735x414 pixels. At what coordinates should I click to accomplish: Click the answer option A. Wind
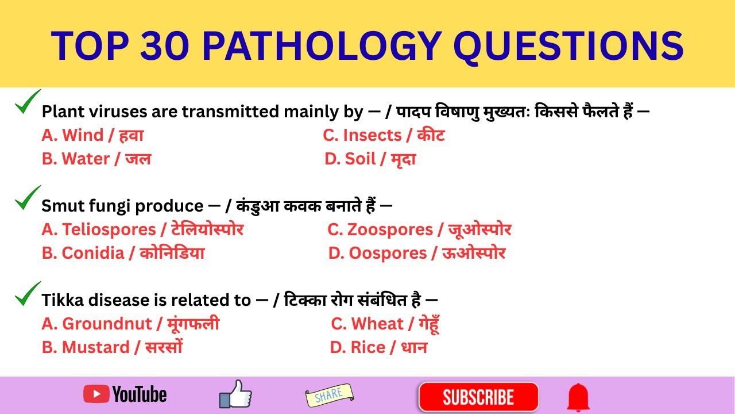pos(92,136)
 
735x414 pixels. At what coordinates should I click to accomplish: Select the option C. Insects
pos(384,136)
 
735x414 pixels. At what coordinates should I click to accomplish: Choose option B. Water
pos(96,159)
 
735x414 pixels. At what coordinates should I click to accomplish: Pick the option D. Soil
pos(370,159)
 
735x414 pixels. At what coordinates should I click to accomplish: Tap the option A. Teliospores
pos(142,230)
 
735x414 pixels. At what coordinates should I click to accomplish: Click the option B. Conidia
pos(123,254)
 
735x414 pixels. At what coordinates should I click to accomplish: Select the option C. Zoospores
pos(419,230)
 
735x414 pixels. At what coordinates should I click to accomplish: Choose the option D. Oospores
pos(417,254)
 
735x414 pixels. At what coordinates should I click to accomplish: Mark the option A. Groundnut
pos(130,324)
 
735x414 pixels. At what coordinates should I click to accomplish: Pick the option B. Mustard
pos(112,348)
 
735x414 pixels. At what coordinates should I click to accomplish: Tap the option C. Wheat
pos(385,324)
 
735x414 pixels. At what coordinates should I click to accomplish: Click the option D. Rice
pos(378,348)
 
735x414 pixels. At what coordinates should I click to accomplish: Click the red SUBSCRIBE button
pos(478,397)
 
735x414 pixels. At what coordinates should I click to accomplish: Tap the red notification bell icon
pos(578,397)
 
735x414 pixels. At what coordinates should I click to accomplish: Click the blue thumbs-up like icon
pos(235,394)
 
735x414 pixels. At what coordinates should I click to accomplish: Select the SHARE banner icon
pos(329,395)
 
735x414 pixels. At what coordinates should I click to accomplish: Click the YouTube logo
pos(125,394)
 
